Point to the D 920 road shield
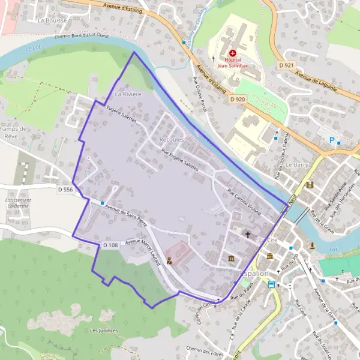coord(237,99)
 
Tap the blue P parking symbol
coord(331,140)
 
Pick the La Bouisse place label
coord(52,20)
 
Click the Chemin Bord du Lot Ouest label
coord(82,36)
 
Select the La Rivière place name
coord(128,94)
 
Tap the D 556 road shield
coord(65,190)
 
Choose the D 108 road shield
coord(109,245)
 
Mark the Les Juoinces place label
coord(103,330)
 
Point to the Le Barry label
coord(296,164)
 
